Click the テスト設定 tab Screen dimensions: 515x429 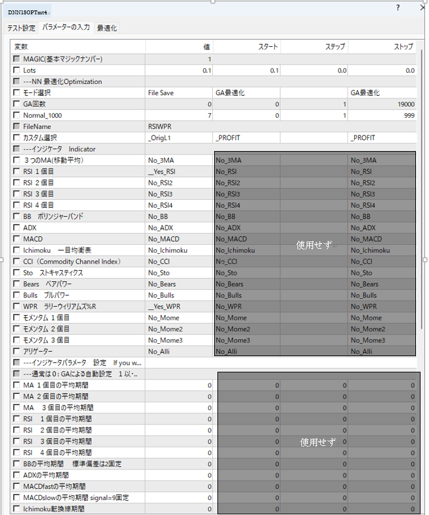(x=21, y=28)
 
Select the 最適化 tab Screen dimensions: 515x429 (x=107, y=28)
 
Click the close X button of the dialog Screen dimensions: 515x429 (x=422, y=8)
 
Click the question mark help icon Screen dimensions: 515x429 (x=398, y=8)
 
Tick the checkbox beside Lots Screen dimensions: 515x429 (x=17, y=70)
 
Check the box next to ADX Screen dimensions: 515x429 (x=17, y=228)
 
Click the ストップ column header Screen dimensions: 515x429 (x=403, y=47)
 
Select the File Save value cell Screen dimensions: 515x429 (x=161, y=93)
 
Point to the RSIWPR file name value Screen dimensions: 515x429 (x=160, y=126)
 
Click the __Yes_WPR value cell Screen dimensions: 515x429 (x=164, y=306)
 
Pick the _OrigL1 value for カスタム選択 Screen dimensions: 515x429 (x=161, y=137)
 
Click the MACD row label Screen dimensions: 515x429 (x=33, y=239)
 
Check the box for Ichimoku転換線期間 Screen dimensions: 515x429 (x=17, y=508)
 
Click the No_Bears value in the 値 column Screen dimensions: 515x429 (x=162, y=284)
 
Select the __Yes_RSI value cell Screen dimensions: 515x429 (x=163, y=171)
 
